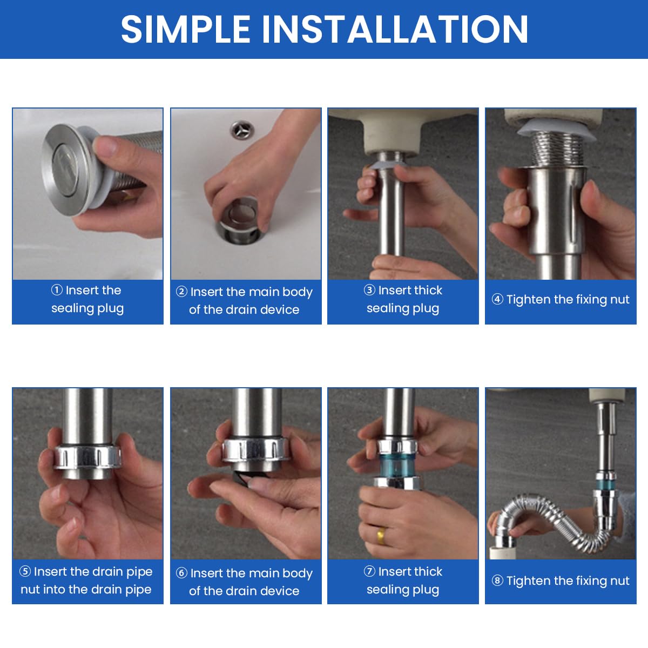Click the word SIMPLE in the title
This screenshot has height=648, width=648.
pyautogui.click(x=186, y=29)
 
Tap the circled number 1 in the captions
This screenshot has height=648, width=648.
pyautogui.click(x=57, y=290)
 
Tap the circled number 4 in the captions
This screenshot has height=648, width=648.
pyautogui.click(x=497, y=299)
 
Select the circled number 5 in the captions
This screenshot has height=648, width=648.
pyautogui.click(x=25, y=571)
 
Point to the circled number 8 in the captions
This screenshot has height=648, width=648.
pyautogui.click(x=497, y=580)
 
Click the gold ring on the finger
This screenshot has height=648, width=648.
pyautogui.click(x=381, y=535)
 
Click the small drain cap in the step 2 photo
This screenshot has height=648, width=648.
pyautogui.click(x=241, y=130)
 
